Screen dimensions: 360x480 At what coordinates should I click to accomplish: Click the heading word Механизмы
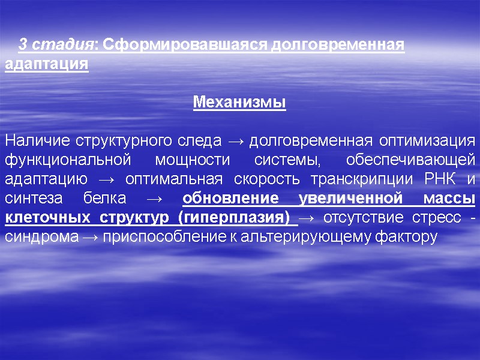pos(239,103)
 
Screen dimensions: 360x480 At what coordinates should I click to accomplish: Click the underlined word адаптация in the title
pos(46,63)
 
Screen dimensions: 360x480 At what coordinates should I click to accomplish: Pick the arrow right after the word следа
pos(236,142)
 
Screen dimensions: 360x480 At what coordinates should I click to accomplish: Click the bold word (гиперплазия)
pos(234,218)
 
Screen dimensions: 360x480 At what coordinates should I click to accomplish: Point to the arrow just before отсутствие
pos(309,218)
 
